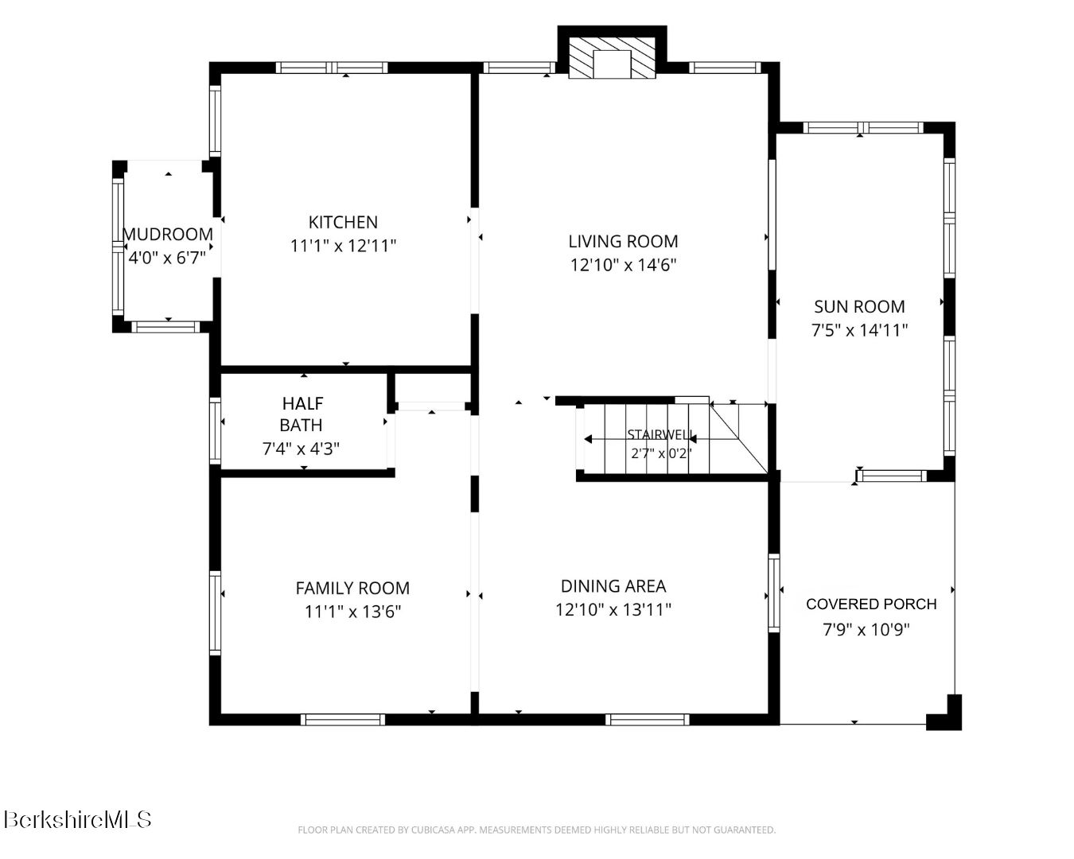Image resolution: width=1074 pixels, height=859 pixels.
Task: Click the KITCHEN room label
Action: click(x=343, y=222)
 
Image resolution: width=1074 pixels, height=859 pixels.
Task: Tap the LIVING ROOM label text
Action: click(x=624, y=242)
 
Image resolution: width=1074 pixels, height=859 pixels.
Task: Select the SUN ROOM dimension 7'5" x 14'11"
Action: click(x=859, y=330)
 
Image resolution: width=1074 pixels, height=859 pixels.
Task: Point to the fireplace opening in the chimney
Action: click(x=612, y=64)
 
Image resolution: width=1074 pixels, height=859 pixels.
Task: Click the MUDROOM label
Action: click(x=168, y=234)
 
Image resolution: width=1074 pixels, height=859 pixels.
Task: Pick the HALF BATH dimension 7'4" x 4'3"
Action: click(x=301, y=449)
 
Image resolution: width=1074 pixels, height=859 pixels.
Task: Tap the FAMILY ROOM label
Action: click(x=353, y=588)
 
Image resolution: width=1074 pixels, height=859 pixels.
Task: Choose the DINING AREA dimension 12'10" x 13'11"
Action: click(x=613, y=609)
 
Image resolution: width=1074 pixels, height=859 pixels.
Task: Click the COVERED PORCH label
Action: click(x=871, y=604)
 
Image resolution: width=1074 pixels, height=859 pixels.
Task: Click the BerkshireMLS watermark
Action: click(x=77, y=819)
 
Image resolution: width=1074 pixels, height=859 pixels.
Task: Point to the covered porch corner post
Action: click(x=944, y=713)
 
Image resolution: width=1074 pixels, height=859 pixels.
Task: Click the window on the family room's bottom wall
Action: click(x=343, y=720)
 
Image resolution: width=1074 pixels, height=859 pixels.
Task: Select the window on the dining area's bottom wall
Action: click(x=648, y=720)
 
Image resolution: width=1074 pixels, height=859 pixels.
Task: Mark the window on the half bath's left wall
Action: click(x=215, y=431)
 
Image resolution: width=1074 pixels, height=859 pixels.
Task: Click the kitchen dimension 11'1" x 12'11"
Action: click(x=344, y=246)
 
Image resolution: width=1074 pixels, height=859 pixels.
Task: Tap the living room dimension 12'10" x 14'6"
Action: click(x=624, y=265)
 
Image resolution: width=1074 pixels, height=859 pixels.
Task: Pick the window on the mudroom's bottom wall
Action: click(x=165, y=328)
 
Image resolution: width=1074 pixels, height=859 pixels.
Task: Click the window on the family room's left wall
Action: click(x=215, y=613)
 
